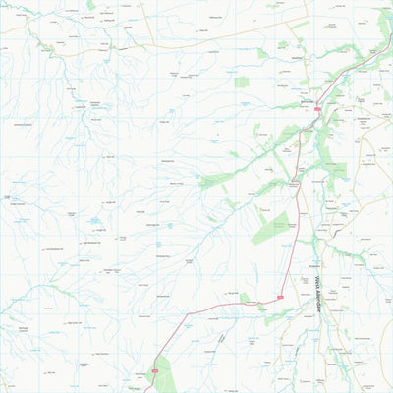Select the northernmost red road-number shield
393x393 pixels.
tap(317, 110)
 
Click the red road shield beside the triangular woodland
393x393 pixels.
tap(155, 369)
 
